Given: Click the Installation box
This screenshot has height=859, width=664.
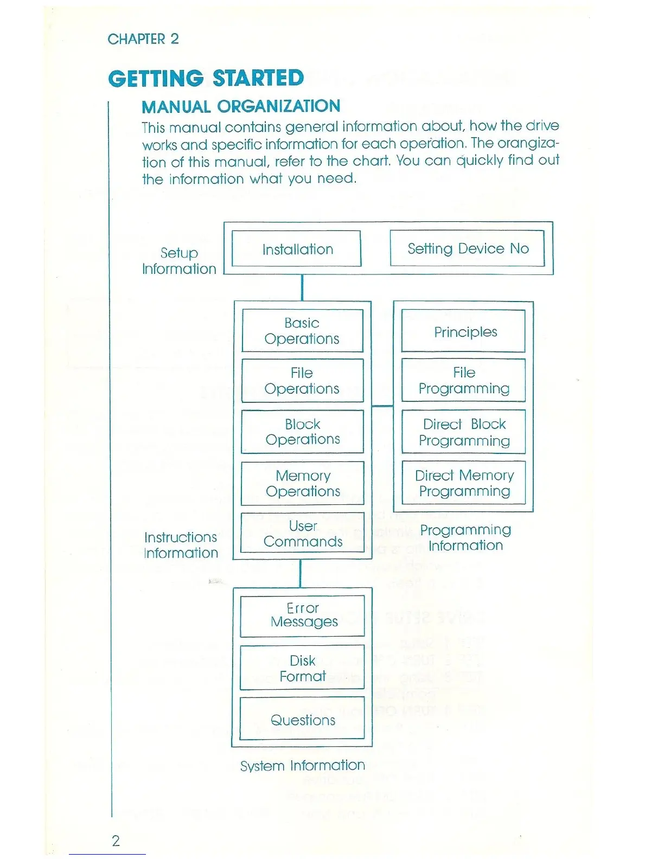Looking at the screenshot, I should (x=297, y=249).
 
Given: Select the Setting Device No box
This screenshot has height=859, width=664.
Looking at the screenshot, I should (x=467, y=248).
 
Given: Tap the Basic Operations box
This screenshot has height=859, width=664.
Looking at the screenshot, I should (x=302, y=331).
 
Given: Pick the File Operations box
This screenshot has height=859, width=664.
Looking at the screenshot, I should (x=302, y=381).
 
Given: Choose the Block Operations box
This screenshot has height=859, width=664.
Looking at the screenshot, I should (x=302, y=432).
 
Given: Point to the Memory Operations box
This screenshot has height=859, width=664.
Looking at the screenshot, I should (x=302, y=483).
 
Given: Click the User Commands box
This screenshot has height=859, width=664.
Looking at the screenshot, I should (x=302, y=534).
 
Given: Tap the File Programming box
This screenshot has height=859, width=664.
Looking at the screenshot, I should (x=464, y=381).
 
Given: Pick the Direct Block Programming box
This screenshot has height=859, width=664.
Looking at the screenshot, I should (x=464, y=432).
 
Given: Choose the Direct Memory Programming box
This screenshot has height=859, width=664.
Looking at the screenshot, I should (x=464, y=483).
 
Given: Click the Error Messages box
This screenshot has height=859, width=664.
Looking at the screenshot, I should (x=303, y=616).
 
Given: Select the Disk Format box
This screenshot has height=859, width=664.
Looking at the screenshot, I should (x=302, y=668).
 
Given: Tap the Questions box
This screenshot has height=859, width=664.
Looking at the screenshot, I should (x=303, y=720).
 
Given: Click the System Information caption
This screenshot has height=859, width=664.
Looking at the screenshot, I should (x=302, y=765).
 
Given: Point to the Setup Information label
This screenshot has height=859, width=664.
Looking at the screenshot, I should (x=179, y=261).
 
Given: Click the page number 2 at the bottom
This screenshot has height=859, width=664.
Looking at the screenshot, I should (x=116, y=841).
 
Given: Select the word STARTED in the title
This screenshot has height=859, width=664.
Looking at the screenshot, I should (x=258, y=79).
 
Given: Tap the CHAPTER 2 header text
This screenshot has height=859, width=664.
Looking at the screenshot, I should (x=143, y=39).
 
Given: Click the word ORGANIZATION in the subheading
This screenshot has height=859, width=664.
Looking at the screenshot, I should (x=279, y=106).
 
